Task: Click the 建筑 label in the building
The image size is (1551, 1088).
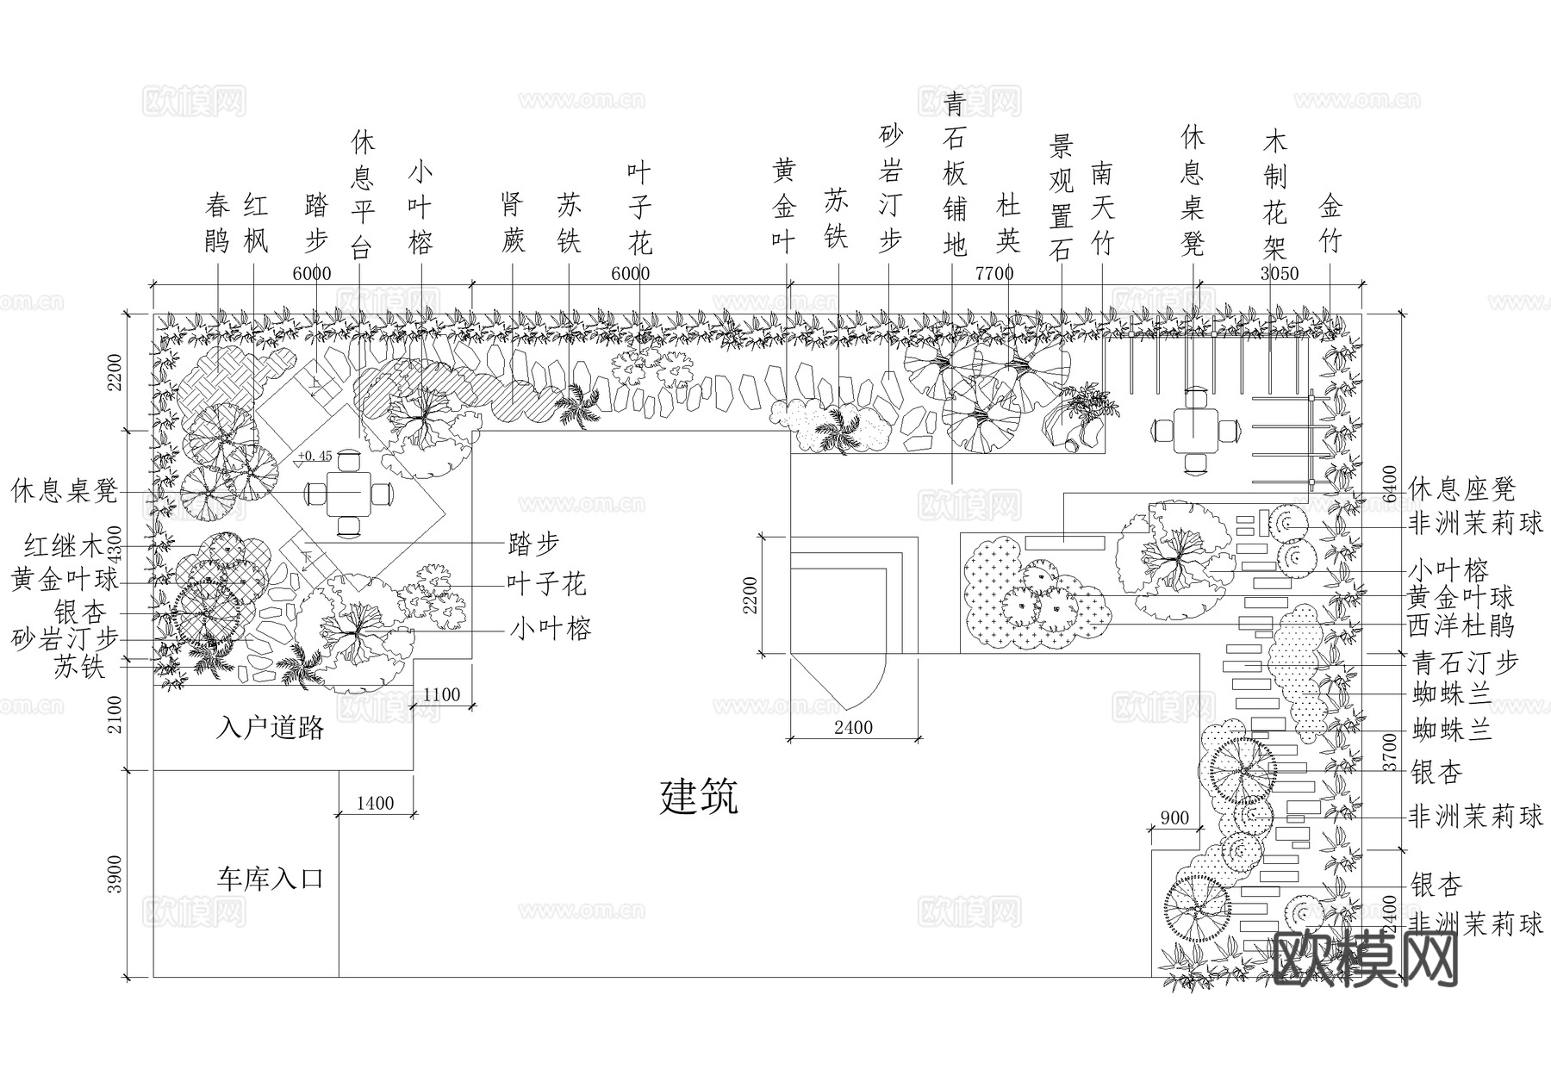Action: point(699,797)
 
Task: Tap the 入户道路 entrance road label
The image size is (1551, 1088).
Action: point(270,729)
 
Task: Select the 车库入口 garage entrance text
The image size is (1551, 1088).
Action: point(270,880)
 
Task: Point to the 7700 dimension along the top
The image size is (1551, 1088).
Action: point(994,274)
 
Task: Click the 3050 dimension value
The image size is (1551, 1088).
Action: point(1279,274)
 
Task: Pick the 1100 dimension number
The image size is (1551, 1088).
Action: point(442,694)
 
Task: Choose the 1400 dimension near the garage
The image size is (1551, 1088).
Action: point(375,803)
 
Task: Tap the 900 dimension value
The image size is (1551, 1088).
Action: point(1174,818)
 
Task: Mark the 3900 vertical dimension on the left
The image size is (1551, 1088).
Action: point(115,874)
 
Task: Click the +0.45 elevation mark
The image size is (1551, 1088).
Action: point(315,456)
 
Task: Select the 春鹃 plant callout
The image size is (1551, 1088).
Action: point(217,223)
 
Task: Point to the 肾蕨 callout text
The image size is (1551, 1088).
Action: point(513,223)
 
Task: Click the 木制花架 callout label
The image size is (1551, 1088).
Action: point(1274,195)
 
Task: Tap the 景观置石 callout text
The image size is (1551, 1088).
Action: point(1061,197)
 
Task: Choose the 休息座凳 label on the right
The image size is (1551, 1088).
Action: point(1461,489)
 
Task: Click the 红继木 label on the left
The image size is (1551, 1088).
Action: point(63,545)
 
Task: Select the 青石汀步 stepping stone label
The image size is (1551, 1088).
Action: point(1466,662)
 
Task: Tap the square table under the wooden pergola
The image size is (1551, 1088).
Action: point(1193,427)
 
